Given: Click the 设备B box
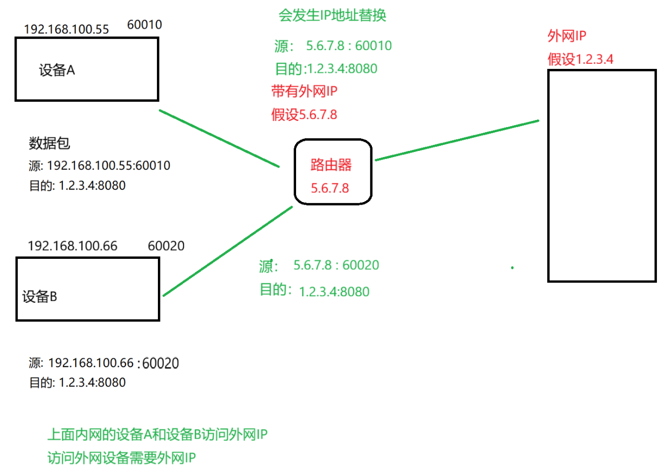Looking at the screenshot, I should (87, 289).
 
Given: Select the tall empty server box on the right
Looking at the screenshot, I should (602, 175).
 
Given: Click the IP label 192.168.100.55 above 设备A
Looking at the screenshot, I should (66, 29).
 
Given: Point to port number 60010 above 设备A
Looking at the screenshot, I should (145, 25).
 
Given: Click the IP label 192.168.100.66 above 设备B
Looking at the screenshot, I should (72, 246).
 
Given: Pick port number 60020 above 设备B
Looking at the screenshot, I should (166, 246).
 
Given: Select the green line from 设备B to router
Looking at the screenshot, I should (228, 251).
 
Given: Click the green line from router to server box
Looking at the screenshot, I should (457, 140).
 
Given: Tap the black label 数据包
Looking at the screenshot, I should (49, 144).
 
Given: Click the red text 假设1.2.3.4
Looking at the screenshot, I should (581, 59).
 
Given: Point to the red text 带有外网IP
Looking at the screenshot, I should (304, 92).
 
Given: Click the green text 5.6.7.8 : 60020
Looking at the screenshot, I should (336, 265).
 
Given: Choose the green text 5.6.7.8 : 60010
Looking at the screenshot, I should (349, 46).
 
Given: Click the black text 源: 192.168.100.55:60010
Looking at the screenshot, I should (100, 166).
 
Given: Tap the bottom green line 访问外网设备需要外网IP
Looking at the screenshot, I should (121, 458).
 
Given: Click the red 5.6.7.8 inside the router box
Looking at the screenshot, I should (330, 188).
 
